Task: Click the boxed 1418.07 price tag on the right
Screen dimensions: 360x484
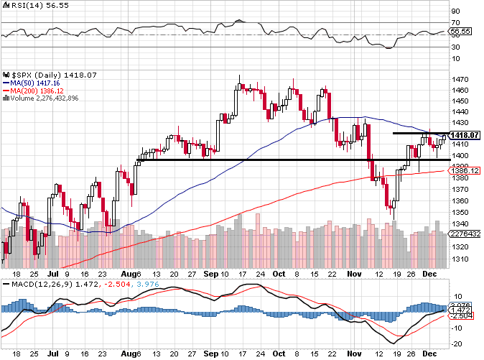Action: [465, 135]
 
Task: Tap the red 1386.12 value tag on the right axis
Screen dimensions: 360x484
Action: [465, 170]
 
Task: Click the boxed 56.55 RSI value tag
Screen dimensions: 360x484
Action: [460, 32]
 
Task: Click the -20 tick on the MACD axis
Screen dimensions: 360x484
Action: [455, 343]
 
